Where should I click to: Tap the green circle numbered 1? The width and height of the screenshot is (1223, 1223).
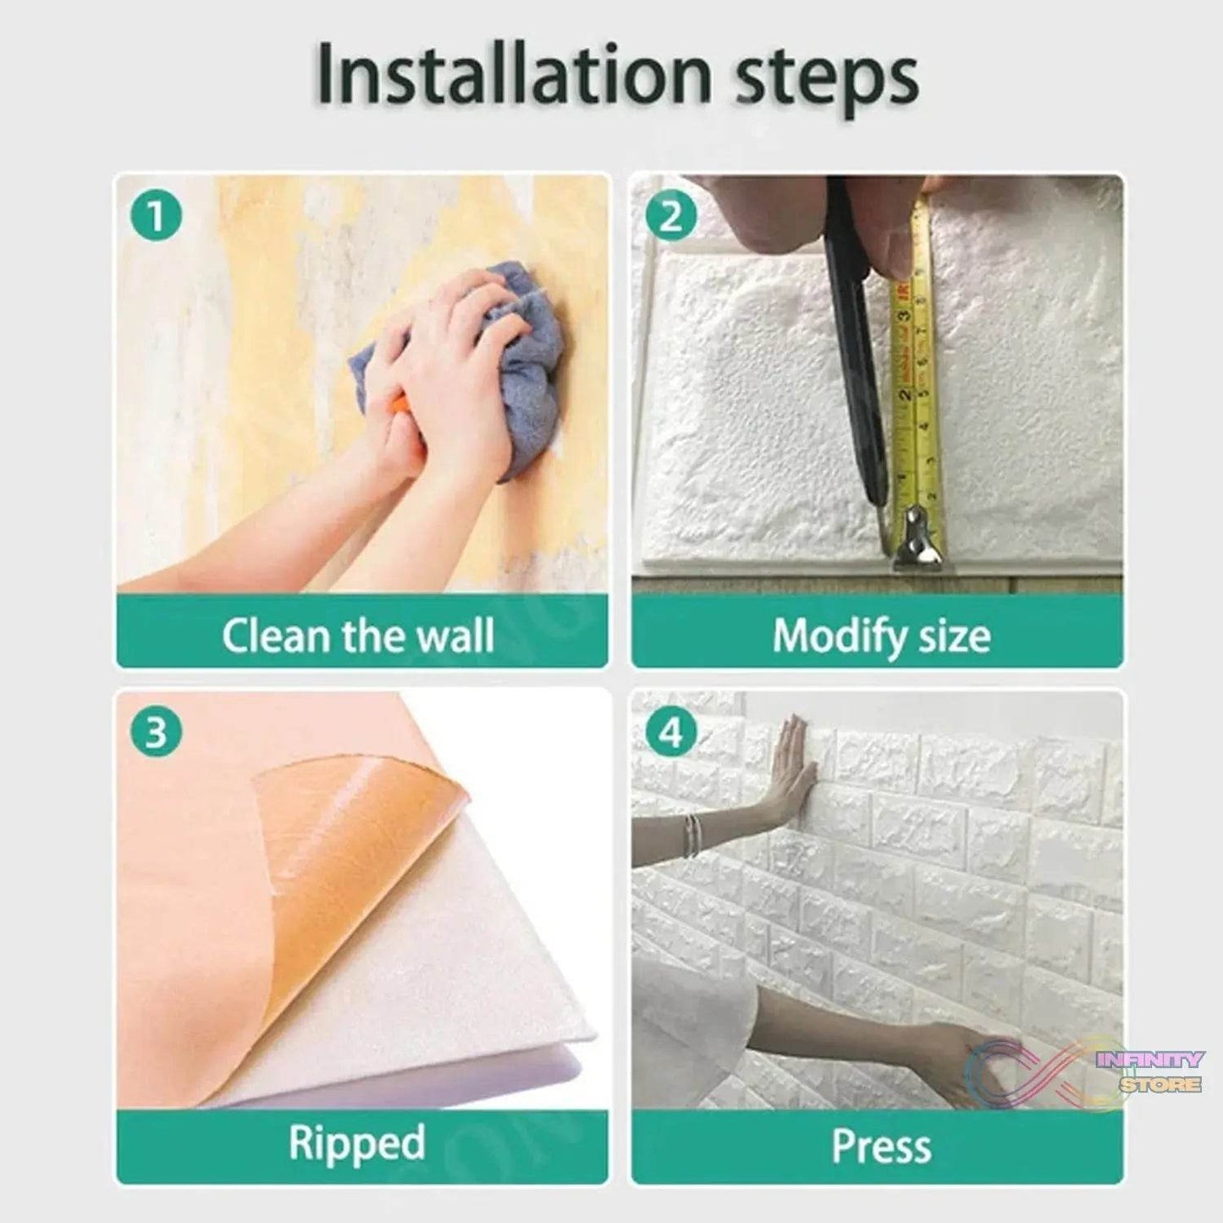point(156,216)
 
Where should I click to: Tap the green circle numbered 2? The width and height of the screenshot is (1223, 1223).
point(671,216)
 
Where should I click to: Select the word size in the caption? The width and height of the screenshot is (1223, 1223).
point(956,636)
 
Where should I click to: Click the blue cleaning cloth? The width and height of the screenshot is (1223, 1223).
point(463,368)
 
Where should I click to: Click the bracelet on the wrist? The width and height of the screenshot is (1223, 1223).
point(694,835)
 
